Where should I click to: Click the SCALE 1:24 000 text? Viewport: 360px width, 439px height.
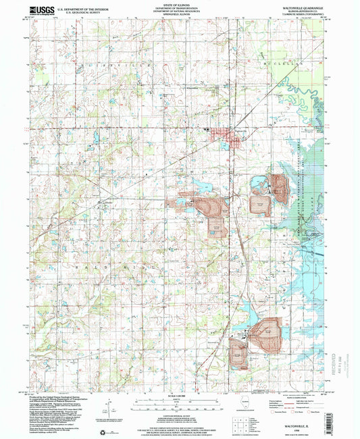179,395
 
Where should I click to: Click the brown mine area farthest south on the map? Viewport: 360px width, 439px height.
238,353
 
